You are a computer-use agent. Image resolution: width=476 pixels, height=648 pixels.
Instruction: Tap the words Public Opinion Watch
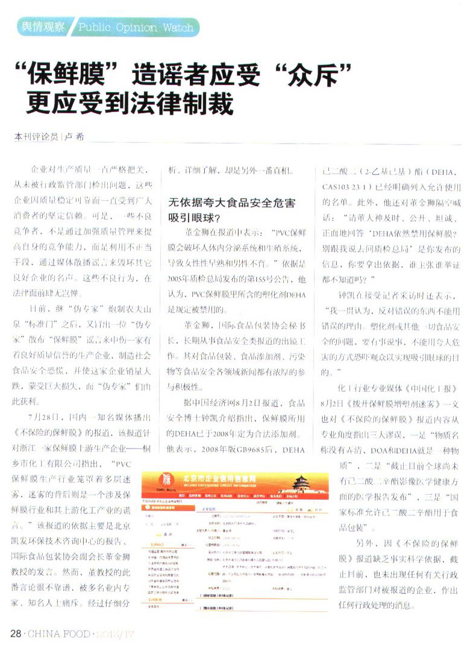(x=136, y=27)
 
